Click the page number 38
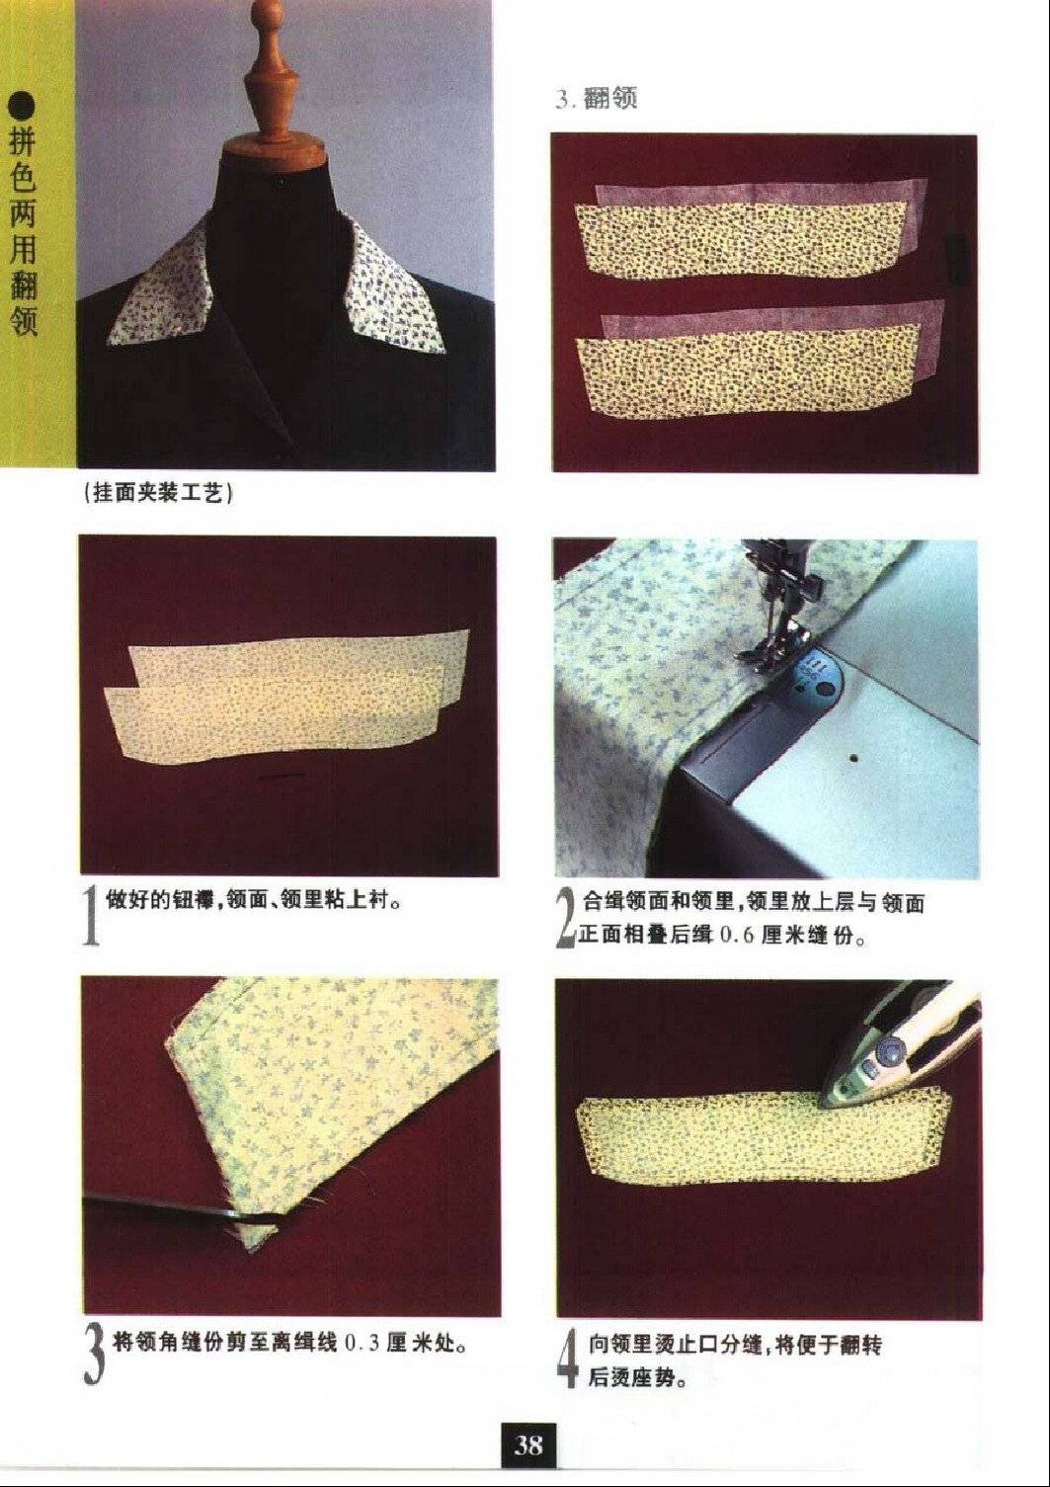point(527,1440)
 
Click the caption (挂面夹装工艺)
point(158,493)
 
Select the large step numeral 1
point(91,916)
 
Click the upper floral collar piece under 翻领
point(739,238)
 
